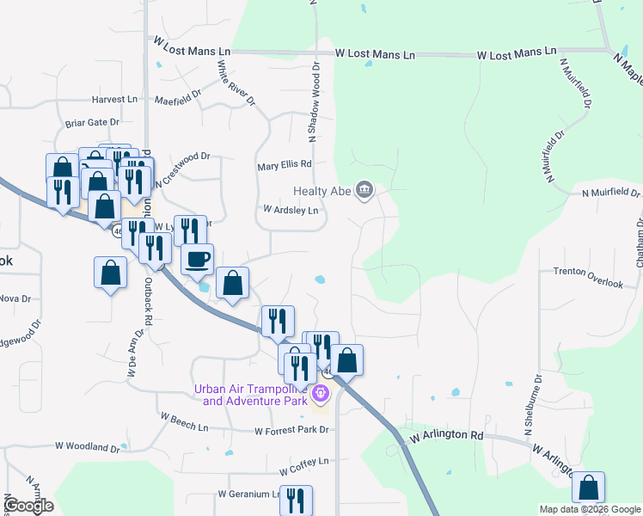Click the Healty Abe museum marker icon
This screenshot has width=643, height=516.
coord(364,190)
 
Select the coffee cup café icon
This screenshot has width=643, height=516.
coord(198,258)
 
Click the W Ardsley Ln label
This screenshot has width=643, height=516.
coord(291,209)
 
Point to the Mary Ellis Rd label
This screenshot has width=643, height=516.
coord(284,164)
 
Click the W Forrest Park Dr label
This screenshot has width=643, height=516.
coord(291,430)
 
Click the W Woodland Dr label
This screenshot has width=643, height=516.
coord(88,447)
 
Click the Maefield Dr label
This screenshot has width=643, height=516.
coord(178,100)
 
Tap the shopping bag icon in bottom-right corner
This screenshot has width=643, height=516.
coord(588,488)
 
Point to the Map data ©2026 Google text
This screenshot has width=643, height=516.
coord(589,509)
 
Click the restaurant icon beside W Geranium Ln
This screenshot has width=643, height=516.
coord(295,501)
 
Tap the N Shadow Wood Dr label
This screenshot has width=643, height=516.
coord(315,101)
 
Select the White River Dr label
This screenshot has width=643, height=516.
coord(236,83)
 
